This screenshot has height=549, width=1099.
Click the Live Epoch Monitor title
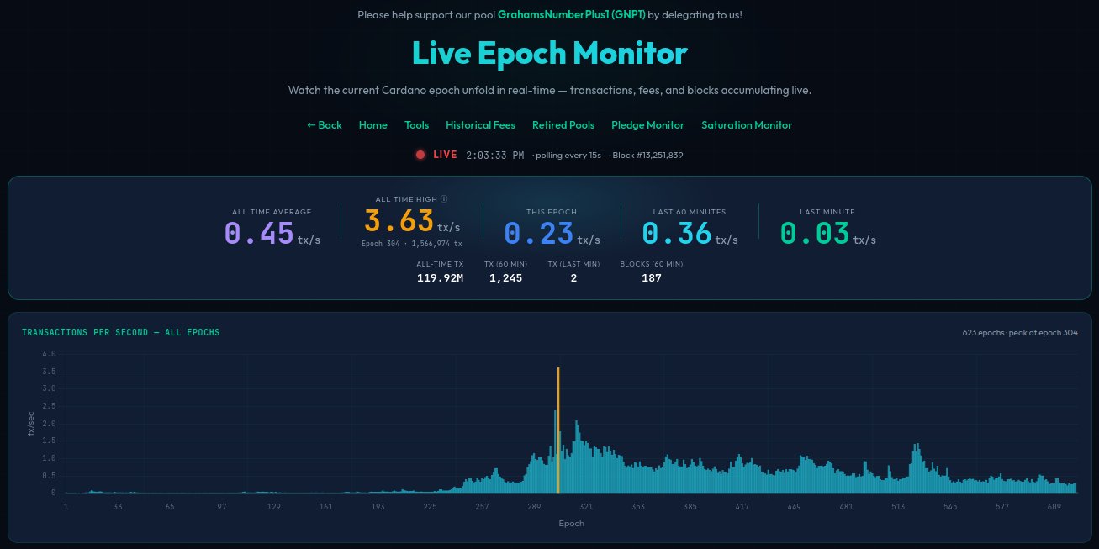[549, 54]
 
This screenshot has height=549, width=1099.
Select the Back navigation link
[325, 125]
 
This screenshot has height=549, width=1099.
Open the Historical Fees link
[480, 125]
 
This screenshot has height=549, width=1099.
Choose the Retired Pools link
[563, 125]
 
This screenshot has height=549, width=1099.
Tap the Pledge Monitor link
[647, 125]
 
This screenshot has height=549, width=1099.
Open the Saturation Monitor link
[746, 125]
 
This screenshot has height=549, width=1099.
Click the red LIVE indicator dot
[420, 155]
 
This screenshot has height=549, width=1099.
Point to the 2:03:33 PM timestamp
[494, 156]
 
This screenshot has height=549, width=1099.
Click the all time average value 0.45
[259, 234]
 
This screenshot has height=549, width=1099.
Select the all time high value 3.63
[399, 221]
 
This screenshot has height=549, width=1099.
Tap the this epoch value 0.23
[539, 234]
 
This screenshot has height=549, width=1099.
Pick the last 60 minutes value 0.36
[677, 234]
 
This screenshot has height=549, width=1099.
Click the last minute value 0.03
[815, 234]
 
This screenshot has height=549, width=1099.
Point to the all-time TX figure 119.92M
[440, 278]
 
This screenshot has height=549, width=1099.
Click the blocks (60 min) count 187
[651, 278]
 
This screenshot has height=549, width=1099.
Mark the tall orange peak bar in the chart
[558, 429]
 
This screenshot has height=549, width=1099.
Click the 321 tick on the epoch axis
[586, 507]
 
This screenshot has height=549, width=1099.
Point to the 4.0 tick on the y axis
[48, 354]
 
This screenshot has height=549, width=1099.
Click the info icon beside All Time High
[444, 199]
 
